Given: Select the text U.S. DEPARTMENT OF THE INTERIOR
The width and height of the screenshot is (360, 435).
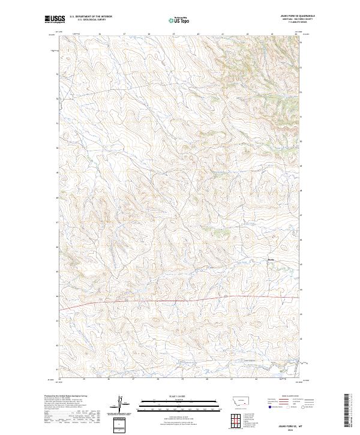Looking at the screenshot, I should (91, 17).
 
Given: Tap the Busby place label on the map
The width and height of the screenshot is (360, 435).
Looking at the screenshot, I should (270, 260).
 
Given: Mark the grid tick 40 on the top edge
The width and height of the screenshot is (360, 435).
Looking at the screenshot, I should (199, 34).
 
